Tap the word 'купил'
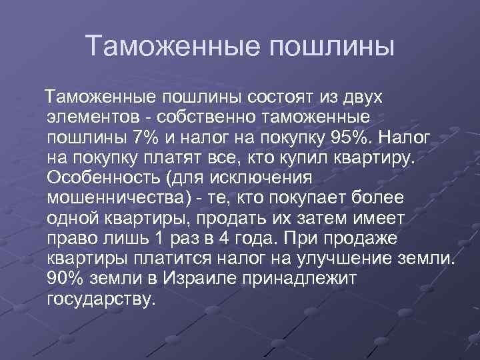317,159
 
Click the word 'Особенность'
105,179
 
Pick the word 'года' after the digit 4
260,239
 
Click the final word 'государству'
101,299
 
